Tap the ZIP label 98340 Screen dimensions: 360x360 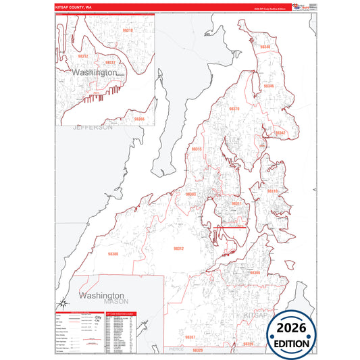pyautogui.click(x=265, y=47)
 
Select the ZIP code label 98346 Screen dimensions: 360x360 pyautogui.click(x=269, y=86)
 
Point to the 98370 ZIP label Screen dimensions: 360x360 pyautogui.click(x=234, y=108)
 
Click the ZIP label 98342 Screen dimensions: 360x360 pyautogui.click(x=280, y=132)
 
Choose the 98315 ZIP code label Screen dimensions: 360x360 pyautogui.click(x=197, y=149)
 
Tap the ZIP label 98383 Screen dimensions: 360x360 pyautogui.click(x=191, y=194)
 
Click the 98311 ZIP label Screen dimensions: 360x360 pyautogui.click(x=236, y=203)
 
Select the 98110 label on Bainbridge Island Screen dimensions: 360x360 pyautogui.click(x=272, y=191)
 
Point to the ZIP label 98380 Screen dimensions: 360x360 pyautogui.click(x=113, y=254)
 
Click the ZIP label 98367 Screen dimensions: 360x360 pyautogui.click(x=190, y=336)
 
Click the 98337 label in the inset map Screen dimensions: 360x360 pyautogui.click(x=111, y=62)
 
